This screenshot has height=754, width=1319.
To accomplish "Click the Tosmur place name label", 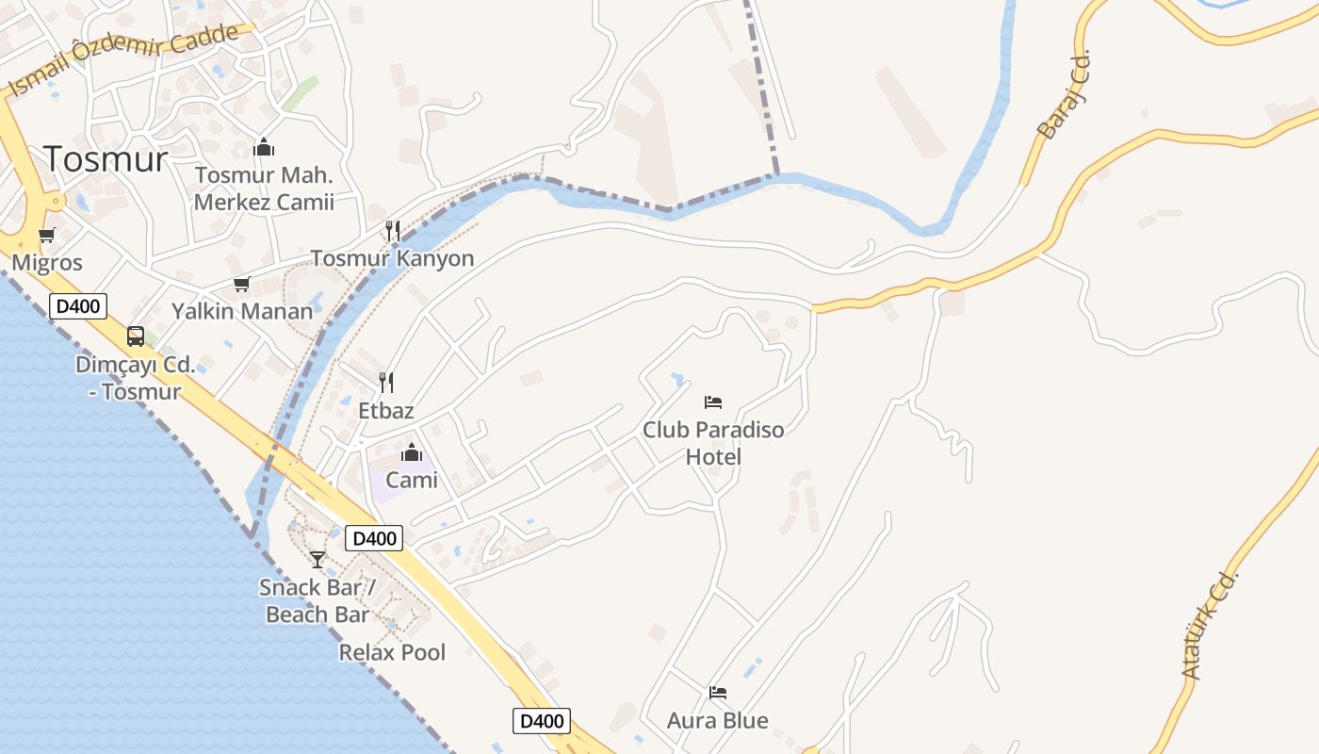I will pyautogui.click(x=106, y=159).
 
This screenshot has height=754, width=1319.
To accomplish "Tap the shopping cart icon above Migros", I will pyautogui.click(x=46, y=235).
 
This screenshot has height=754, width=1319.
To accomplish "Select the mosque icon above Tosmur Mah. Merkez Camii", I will pyautogui.click(x=264, y=147).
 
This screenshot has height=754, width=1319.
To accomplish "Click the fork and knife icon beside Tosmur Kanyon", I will pyautogui.click(x=393, y=230).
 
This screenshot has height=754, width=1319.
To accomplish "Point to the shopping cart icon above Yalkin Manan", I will pyautogui.click(x=242, y=284).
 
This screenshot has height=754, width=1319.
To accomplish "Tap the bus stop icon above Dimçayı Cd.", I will pyautogui.click(x=136, y=336).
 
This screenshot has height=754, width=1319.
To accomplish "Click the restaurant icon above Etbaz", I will pyautogui.click(x=386, y=382).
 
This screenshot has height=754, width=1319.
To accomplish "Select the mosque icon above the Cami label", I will pyautogui.click(x=412, y=452).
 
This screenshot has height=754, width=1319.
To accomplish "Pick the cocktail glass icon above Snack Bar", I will pyautogui.click(x=318, y=559).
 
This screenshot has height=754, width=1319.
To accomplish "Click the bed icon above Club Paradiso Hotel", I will pyautogui.click(x=713, y=402).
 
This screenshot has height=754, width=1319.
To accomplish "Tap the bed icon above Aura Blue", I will pyautogui.click(x=718, y=693).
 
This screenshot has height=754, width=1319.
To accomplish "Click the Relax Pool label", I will pyautogui.click(x=392, y=652).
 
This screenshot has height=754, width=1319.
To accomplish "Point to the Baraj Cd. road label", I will pyautogui.click(x=1064, y=94).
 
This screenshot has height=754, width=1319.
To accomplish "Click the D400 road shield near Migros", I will pyautogui.click(x=78, y=305).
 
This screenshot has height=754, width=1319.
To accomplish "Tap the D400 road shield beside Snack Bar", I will pyautogui.click(x=374, y=538).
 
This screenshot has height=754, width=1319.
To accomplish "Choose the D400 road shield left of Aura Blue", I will pyautogui.click(x=542, y=721).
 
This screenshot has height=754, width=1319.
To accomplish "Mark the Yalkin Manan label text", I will pyautogui.click(x=242, y=311).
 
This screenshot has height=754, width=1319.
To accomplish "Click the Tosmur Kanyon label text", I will pyautogui.click(x=392, y=258).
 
